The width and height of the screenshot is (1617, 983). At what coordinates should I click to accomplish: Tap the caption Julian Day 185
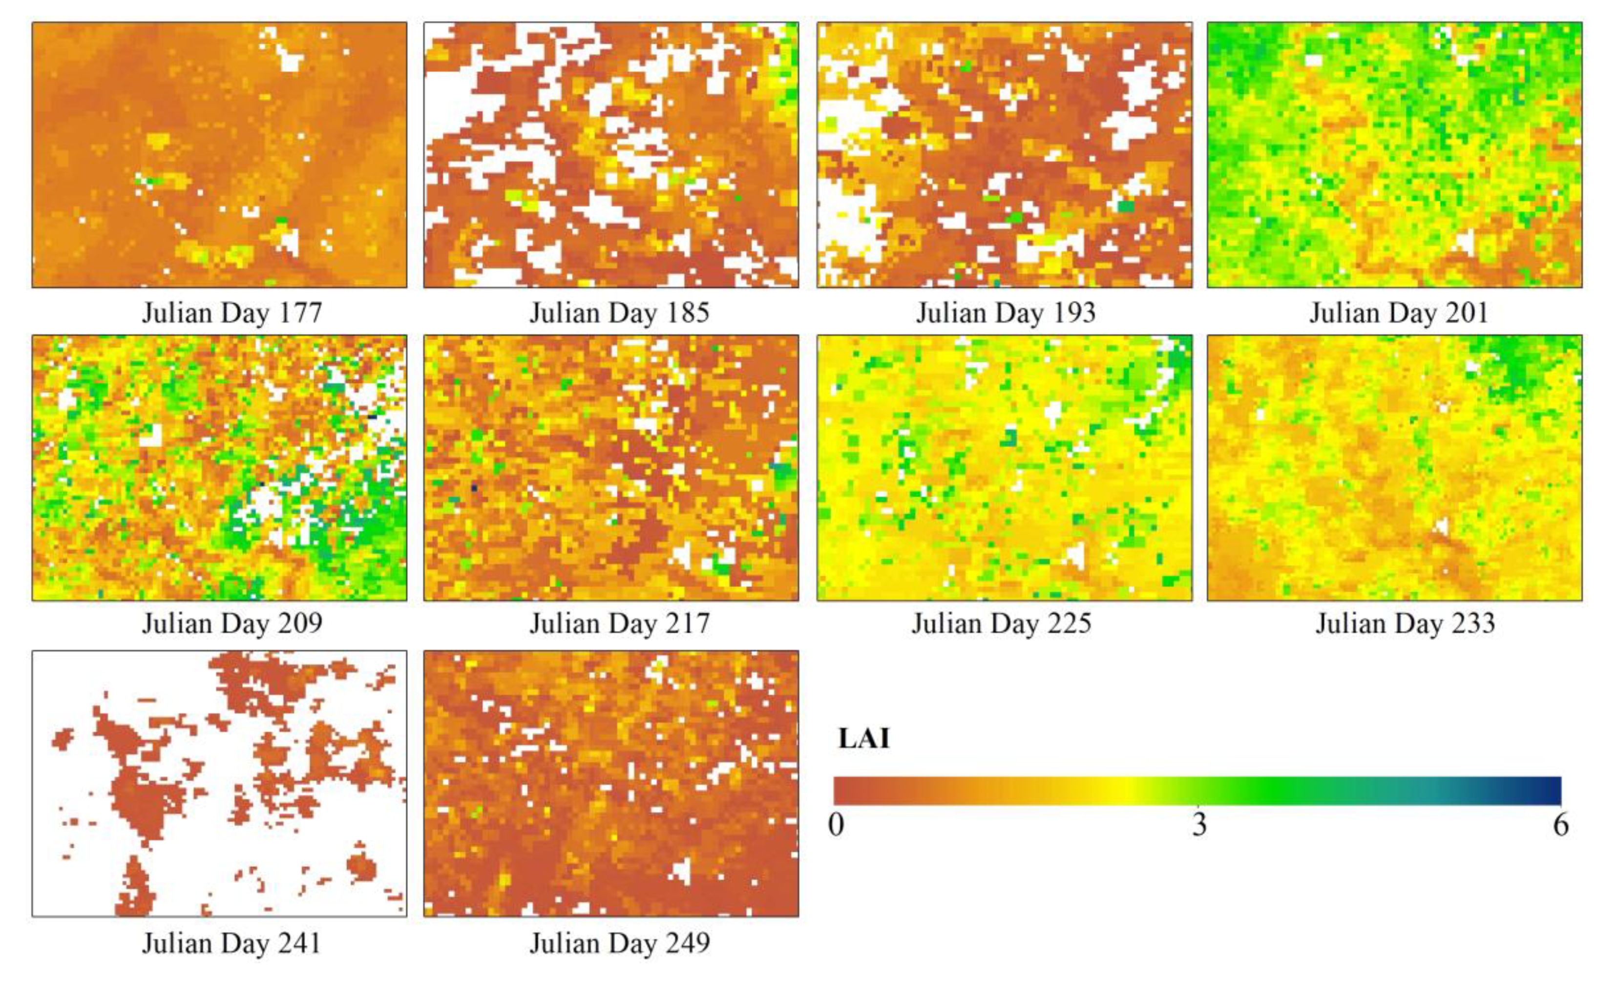(619, 313)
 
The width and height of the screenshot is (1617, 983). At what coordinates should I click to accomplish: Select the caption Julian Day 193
(1006, 313)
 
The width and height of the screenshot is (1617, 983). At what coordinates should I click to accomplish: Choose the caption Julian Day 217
(619, 623)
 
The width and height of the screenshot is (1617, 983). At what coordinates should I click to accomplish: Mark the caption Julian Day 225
(1002, 623)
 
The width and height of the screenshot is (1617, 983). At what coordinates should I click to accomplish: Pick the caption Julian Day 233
(1405, 623)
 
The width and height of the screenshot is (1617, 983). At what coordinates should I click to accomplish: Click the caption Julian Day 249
(619, 943)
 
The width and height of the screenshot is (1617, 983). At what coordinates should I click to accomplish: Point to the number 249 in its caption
(684, 943)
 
